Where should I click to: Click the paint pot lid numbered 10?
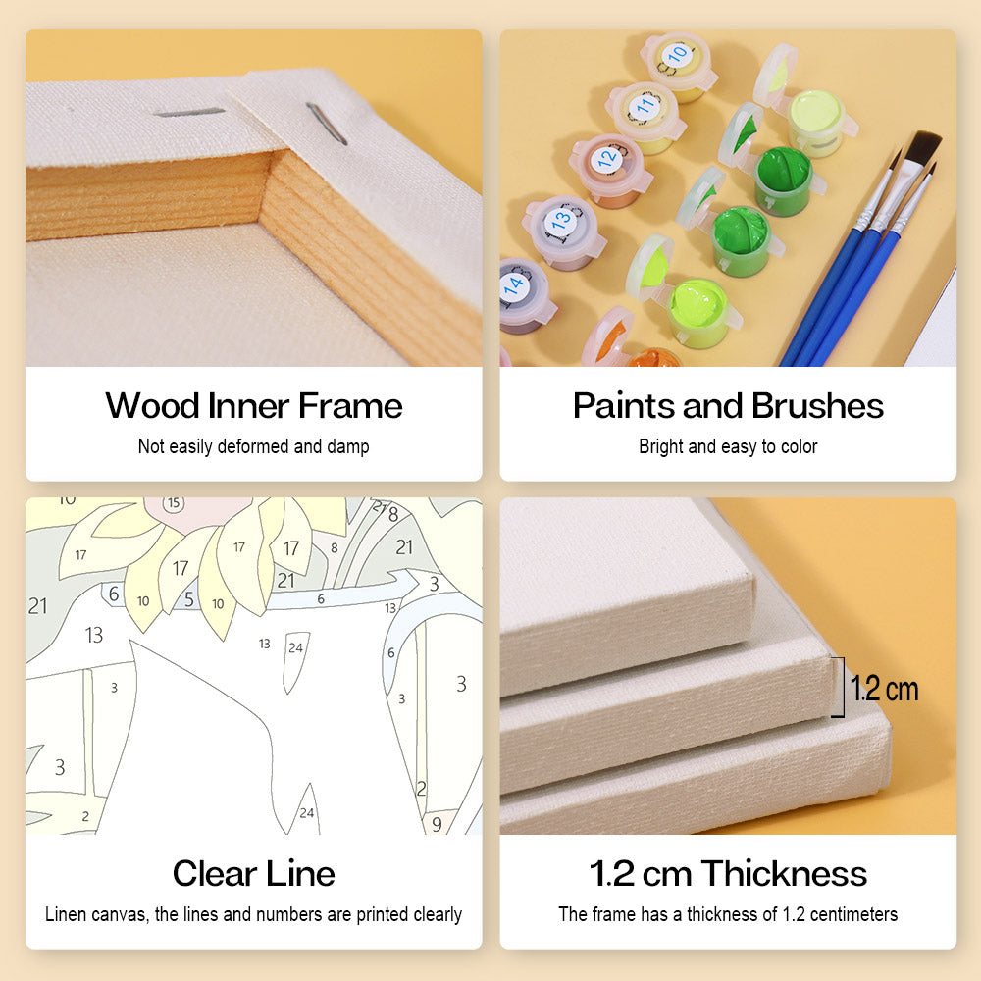(676, 56)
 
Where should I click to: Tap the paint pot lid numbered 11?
(645, 107)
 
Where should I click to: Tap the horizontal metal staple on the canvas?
(188, 113)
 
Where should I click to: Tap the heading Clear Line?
(253, 873)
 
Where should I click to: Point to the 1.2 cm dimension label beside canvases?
(884, 689)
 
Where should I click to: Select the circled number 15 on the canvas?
(174, 503)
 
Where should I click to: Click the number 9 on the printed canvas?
(437, 825)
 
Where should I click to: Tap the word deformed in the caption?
(253, 446)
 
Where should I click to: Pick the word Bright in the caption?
(660, 446)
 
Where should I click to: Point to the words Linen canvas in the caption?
(97, 914)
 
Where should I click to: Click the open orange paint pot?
(650, 358)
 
